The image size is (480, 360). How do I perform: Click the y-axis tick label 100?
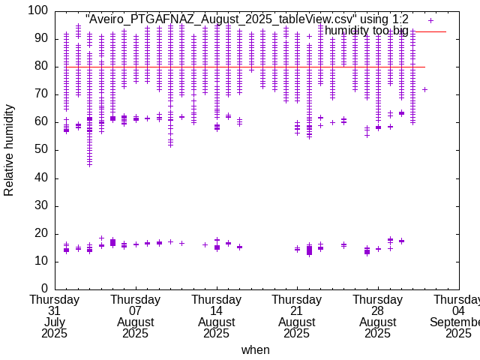[38, 11]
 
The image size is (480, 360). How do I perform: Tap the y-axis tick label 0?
[44, 289]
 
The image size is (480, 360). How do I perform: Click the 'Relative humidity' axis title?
[9, 150]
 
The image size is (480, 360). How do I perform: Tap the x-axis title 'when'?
[255, 350]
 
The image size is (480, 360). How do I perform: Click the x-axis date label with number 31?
[55, 311]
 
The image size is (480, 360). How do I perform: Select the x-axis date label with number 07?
[136, 311]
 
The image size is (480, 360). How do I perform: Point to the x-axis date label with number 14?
[217, 311]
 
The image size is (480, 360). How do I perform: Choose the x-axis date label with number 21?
[297, 311]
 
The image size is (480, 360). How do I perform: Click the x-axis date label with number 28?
[378, 311]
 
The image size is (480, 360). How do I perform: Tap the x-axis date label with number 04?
[458, 311]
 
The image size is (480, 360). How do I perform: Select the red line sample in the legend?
[430, 31]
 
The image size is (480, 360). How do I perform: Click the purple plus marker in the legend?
[430, 20]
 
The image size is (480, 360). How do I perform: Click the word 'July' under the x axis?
[55, 322]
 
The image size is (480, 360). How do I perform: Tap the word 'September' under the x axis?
[454, 322]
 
